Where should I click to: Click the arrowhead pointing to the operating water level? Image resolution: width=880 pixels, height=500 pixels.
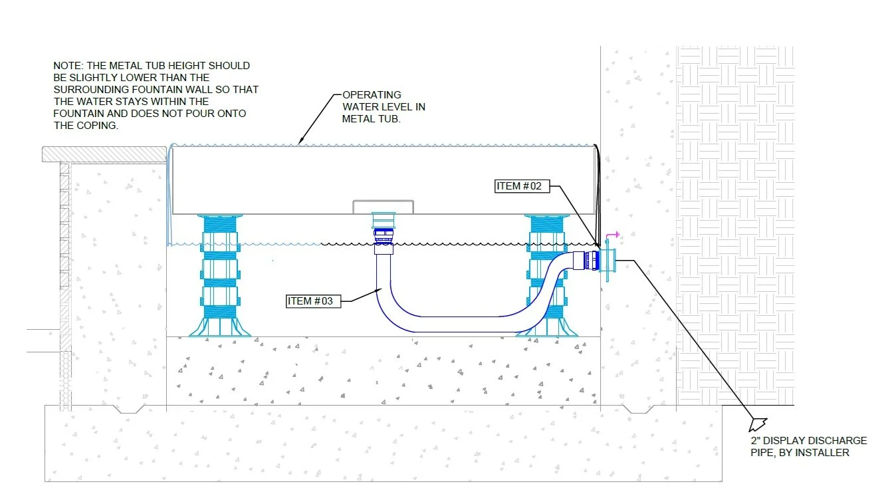[301, 142]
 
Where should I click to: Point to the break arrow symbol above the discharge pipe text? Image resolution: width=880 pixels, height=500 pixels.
[758, 424]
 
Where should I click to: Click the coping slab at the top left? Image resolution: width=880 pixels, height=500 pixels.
[103, 154]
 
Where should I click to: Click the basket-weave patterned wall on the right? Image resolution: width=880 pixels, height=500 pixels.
[734, 219]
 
